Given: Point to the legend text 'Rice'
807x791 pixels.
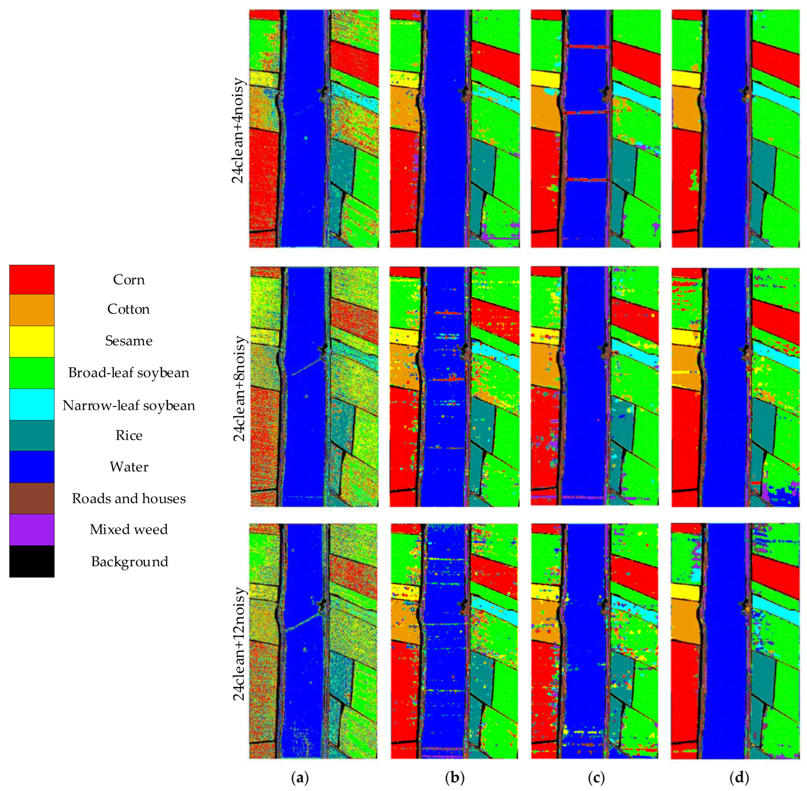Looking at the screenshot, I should coord(129,435).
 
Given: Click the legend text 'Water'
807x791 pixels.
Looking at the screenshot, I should coord(129,467).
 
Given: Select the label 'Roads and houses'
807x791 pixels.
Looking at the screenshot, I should coord(129,498).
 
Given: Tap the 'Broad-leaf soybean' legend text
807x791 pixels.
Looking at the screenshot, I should coord(129,373).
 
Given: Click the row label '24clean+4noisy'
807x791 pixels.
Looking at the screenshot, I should coord(239,131).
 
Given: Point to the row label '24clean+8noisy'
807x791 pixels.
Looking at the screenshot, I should coord(239,388).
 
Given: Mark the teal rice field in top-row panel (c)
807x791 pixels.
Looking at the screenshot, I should coord(623,166).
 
